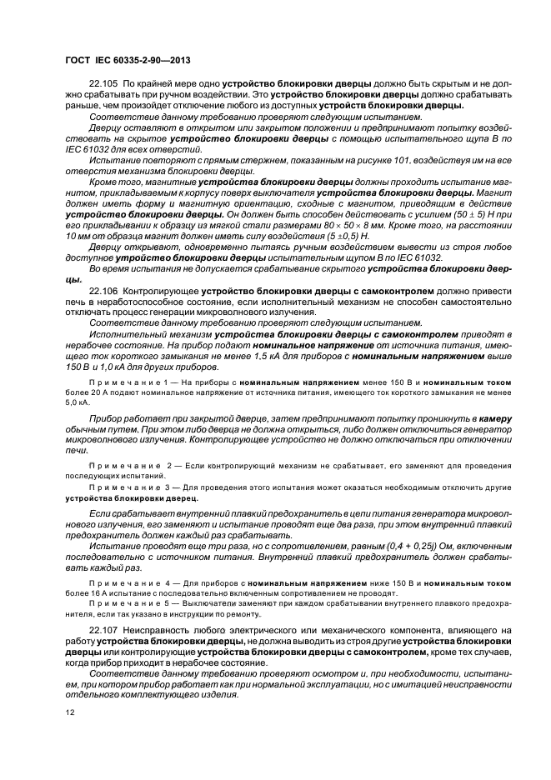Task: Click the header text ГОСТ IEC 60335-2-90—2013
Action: (x=122, y=60)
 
